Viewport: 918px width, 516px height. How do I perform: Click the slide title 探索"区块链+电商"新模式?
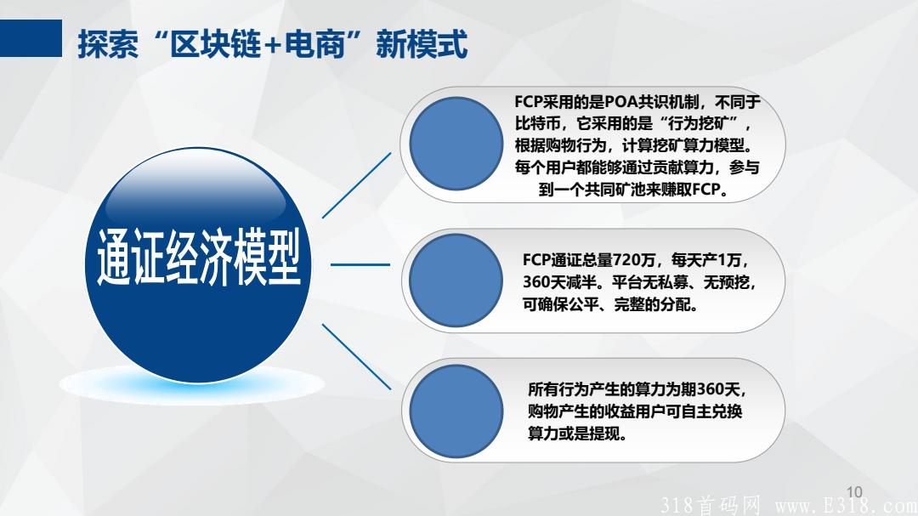pos(272,44)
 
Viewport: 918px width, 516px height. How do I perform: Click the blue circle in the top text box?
pos(456,144)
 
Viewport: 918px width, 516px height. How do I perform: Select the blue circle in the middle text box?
pos(456,280)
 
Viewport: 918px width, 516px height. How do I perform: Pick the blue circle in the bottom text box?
pos(456,411)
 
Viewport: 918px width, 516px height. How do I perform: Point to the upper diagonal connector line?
pos(357,185)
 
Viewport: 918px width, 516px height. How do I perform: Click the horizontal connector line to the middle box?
pos(360,264)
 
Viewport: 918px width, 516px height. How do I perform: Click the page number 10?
pos(854,491)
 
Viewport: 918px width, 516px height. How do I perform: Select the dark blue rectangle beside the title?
pos(31,38)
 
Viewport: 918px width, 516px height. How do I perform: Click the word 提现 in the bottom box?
pos(607,434)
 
